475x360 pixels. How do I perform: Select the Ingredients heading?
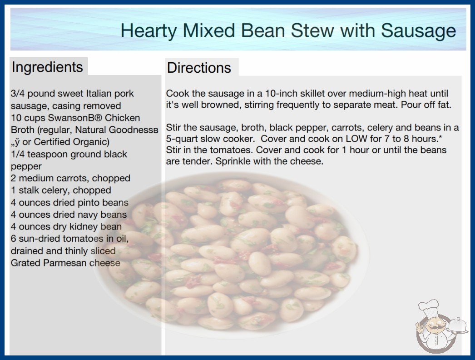point(47,67)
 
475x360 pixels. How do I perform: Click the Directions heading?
point(199,68)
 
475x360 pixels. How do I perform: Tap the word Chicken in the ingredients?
point(123,118)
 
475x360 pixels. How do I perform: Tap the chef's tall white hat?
point(429,306)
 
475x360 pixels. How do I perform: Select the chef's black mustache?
point(431,328)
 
